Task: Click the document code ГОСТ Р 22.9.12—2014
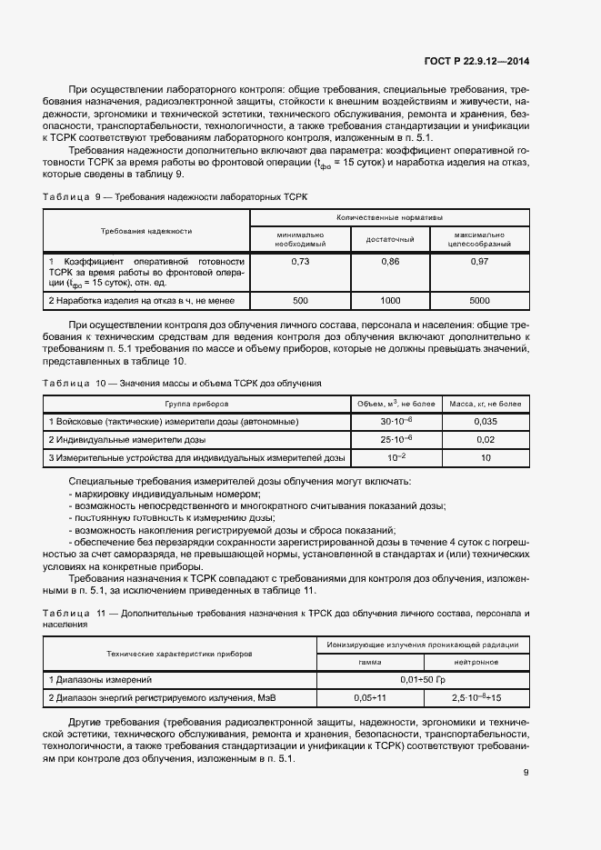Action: (476, 61)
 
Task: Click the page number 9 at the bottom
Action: (526, 774)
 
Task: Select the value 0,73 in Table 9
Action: (299, 262)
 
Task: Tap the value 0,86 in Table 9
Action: (390, 262)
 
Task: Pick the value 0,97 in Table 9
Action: (479, 262)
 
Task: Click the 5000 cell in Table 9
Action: (479, 299)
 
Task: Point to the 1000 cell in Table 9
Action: (390, 299)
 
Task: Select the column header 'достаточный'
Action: (390, 238)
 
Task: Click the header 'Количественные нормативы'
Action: (389, 218)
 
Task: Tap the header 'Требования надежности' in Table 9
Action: (146, 231)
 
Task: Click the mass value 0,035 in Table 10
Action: (486, 422)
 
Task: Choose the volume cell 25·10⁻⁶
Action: (397, 440)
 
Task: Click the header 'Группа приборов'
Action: (196, 403)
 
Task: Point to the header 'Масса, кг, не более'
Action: (486, 403)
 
